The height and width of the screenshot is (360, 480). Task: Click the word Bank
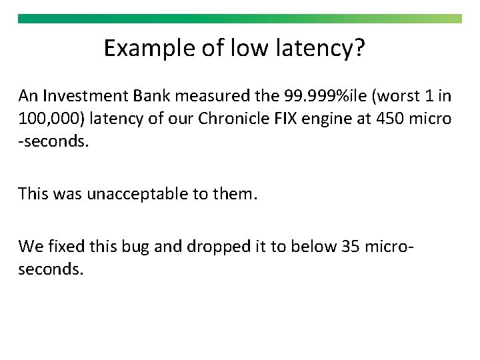(x=153, y=96)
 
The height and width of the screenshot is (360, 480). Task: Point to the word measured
(x=212, y=96)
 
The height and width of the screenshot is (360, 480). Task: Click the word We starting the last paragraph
(x=31, y=247)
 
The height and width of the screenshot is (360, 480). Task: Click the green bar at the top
(x=239, y=19)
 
